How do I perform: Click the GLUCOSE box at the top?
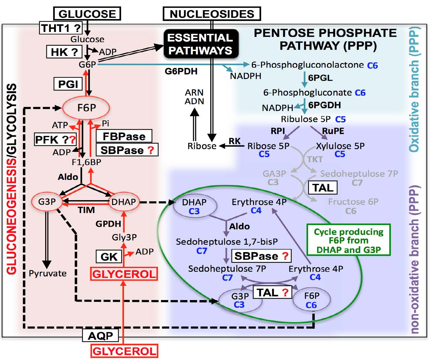point(87,14)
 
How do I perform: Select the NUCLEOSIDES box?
point(212,14)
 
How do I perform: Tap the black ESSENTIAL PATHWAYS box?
point(201,44)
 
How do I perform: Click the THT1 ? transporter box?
point(61,28)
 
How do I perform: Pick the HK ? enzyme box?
point(64,52)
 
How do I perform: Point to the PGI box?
point(68,84)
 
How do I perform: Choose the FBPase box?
point(124,136)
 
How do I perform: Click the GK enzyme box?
point(109,257)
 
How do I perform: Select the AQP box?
point(100,336)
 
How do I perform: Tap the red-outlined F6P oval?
point(86,108)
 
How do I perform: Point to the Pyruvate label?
point(48,273)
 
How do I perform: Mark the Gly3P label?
point(124,237)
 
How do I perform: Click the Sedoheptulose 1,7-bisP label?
point(227,242)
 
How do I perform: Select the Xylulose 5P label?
point(340,146)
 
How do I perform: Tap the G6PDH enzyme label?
point(181,71)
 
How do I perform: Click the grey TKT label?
point(315,159)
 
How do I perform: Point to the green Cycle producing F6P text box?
point(349,240)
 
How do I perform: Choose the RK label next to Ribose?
point(235,141)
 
